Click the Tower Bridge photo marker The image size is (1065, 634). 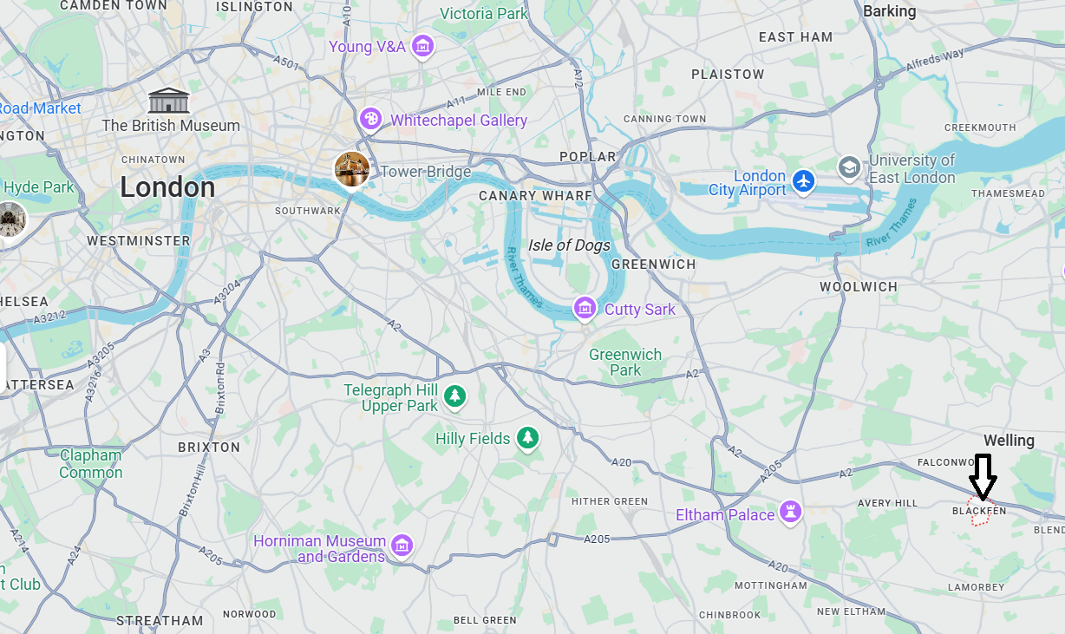coord(352,169)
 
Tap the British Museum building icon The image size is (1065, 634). coord(169,101)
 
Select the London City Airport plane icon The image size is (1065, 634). coord(804,182)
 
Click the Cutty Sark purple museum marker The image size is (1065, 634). coord(585,308)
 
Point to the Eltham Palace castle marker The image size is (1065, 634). coord(790,513)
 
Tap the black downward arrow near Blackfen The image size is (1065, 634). coord(983,476)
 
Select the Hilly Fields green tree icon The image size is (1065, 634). coord(527,438)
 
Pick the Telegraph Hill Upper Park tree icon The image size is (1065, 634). coord(454,397)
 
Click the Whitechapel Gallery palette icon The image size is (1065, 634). coord(371,119)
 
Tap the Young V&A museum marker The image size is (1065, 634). coord(422,46)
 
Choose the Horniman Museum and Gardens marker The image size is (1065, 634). coord(402,546)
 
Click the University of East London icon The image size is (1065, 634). coord(849,167)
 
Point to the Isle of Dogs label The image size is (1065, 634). coord(569,245)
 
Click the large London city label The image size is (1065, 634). coord(167,187)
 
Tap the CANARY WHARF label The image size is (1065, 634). coord(535,196)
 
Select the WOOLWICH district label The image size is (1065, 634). coord(859,286)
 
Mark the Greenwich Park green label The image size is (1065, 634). coord(625,363)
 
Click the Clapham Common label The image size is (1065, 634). coord(91,464)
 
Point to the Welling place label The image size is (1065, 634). coord(1009,441)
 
